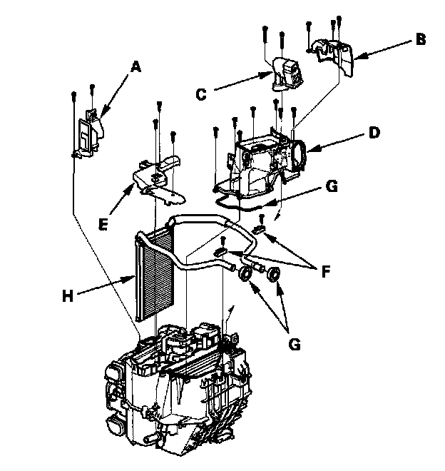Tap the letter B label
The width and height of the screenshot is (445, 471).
(421, 39)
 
